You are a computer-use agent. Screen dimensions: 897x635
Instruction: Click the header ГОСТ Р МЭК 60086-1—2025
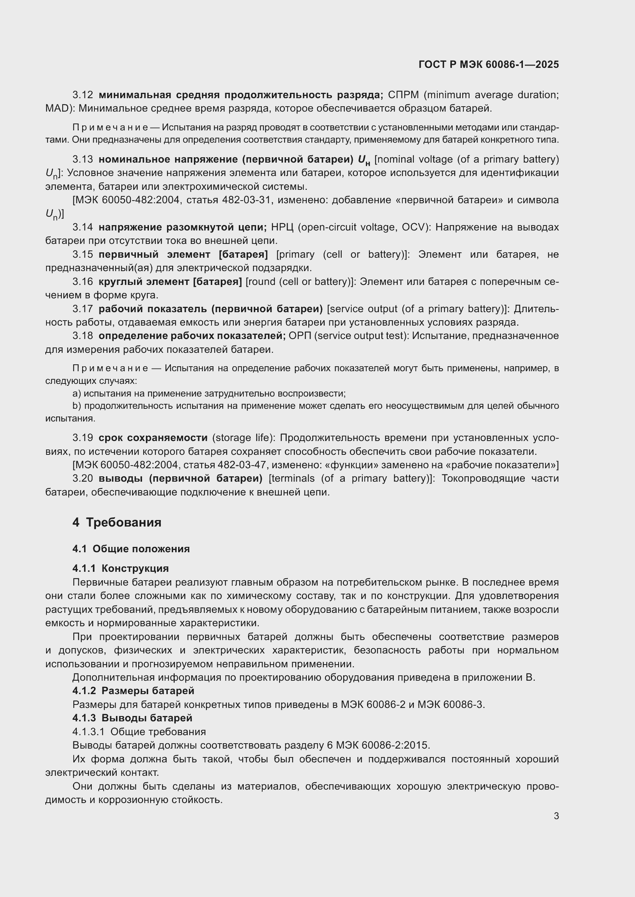[488, 64]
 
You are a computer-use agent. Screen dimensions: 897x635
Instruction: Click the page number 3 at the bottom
[556, 816]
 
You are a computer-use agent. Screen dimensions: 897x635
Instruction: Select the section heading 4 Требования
[117, 522]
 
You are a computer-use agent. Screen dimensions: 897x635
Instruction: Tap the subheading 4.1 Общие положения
[131, 548]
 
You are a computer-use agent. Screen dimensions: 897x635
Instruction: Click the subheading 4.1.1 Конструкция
[121, 568]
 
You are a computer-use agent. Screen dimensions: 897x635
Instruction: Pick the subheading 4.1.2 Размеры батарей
[133, 691]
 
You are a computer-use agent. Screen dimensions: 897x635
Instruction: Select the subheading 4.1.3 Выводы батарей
[132, 718]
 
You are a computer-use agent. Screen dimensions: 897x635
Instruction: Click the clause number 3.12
[83, 95]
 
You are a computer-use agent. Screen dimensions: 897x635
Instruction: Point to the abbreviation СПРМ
[403, 95]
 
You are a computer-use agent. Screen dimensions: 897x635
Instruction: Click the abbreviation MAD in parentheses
[57, 108]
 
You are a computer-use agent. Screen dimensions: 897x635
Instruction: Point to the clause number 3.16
[83, 282]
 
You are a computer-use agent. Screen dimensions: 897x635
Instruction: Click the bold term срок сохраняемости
[153, 438]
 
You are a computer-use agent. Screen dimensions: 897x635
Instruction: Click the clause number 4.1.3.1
[88, 731]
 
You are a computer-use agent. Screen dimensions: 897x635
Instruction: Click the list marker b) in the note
[77, 406]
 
